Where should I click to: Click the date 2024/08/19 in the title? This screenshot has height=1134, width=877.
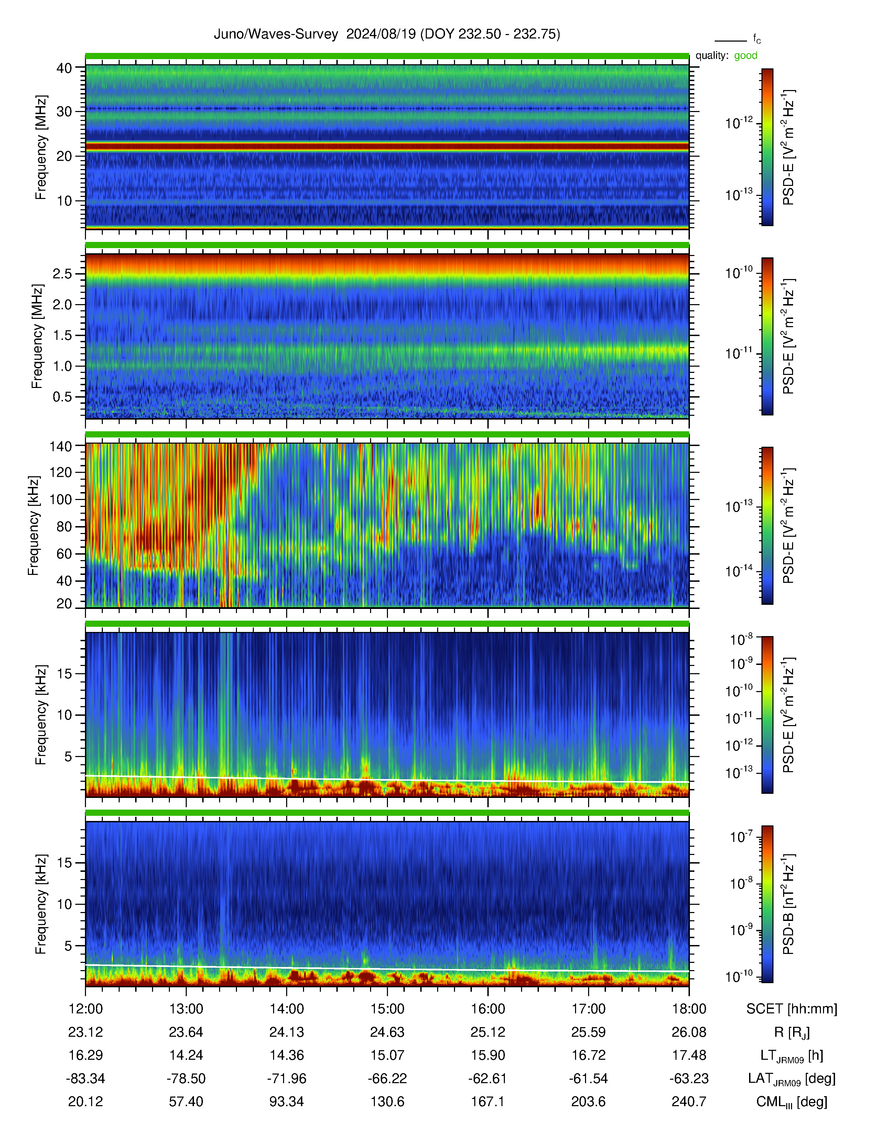pos(381,34)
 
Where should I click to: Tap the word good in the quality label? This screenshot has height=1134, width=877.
pos(746,56)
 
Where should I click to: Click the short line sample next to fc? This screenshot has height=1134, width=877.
pos(730,41)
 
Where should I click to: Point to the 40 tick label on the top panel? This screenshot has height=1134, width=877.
pos(64,68)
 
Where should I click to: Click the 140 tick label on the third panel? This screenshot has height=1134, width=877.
pos(60,446)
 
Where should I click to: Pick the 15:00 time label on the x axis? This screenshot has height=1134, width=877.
pos(387,1009)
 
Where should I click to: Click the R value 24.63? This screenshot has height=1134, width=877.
pos(387,1032)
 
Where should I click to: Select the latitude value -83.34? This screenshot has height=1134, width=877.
pos(85,1078)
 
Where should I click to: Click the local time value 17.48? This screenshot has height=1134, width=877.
pos(689,1055)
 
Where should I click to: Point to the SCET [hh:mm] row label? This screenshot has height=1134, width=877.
pos(792,1009)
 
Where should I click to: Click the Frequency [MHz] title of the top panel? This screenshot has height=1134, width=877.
pos(41,147)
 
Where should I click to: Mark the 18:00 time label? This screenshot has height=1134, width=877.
pos(689,1009)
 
